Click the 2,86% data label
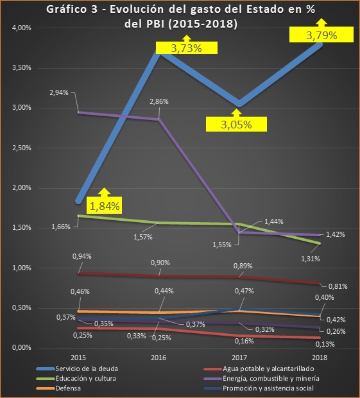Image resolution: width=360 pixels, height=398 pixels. (x=159, y=102)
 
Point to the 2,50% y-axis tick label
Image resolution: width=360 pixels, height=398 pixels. (x=21, y=148)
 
